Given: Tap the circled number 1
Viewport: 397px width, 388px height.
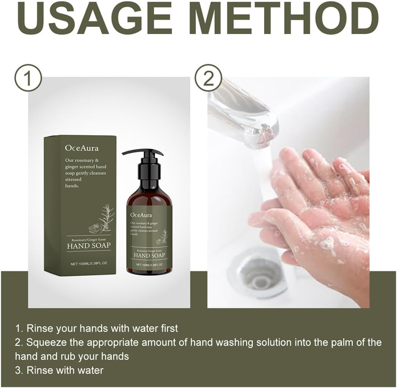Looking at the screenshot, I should coord(28,78).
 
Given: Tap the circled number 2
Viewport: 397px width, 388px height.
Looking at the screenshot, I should coord(208,78).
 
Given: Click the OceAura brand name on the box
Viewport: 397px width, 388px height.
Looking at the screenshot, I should coord(82,148).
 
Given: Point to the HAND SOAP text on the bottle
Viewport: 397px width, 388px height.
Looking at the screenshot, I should coord(149,255).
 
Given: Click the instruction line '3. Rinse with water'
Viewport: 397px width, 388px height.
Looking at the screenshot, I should coord(59,370).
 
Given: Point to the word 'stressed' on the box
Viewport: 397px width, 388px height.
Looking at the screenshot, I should coord(73,179).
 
